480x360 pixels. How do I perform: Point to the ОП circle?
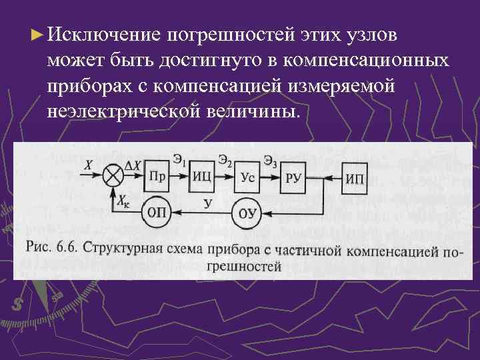pyautogui.click(x=156, y=213)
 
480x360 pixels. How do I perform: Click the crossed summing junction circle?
pyautogui.click(x=114, y=177)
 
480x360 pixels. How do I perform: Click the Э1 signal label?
pyautogui.click(x=179, y=159)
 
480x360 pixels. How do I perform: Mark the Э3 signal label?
pyautogui.click(x=271, y=159)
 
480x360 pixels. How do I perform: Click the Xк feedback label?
pyautogui.click(x=124, y=200)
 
